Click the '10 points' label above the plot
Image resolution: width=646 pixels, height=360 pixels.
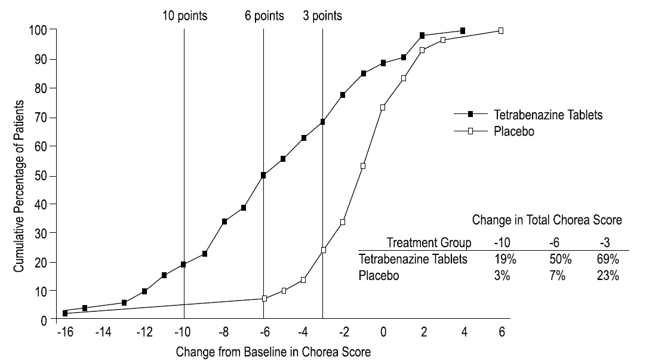(x=185, y=16)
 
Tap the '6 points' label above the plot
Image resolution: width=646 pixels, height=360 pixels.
(x=264, y=16)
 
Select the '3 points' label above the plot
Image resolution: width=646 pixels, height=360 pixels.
(x=322, y=16)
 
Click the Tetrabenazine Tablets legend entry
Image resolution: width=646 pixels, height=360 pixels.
(x=547, y=115)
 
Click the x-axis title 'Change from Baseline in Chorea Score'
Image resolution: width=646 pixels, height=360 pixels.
(x=273, y=352)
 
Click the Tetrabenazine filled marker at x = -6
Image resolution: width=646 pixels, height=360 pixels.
(x=263, y=175)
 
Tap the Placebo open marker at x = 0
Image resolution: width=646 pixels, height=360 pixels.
(x=383, y=107)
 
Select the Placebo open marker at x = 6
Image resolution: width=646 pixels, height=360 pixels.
(x=501, y=30)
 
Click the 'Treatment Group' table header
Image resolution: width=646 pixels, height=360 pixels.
(x=429, y=242)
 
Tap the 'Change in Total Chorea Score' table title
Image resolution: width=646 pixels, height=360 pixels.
(x=547, y=220)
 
